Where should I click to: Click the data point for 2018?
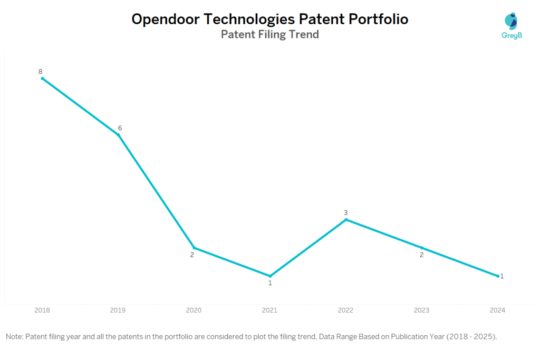pyautogui.click(x=42, y=79)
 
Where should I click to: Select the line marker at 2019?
pyautogui.click(x=118, y=135)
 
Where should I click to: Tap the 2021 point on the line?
pyautogui.click(x=270, y=276)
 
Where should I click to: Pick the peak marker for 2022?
pyautogui.click(x=346, y=219)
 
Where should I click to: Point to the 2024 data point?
pyautogui.click(x=498, y=276)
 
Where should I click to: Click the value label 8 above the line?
pyautogui.click(x=40, y=71)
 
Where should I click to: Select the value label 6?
pyautogui.click(x=120, y=128)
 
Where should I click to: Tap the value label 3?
pyautogui.click(x=346, y=212)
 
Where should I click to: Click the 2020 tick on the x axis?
pyautogui.click(x=194, y=310)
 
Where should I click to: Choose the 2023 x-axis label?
pyautogui.click(x=421, y=310)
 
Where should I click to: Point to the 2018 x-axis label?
pyautogui.click(x=42, y=310)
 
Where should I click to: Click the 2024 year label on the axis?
pyautogui.click(x=497, y=310)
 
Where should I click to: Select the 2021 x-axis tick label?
pyautogui.click(x=269, y=310)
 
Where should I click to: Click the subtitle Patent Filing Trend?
pyautogui.click(x=269, y=35)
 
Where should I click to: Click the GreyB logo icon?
pyautogui.click(x=510, y=22)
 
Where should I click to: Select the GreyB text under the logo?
pyautogui.click(x=510, y=36)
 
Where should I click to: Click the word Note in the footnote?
pyautogui.click(x=14, y=336)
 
